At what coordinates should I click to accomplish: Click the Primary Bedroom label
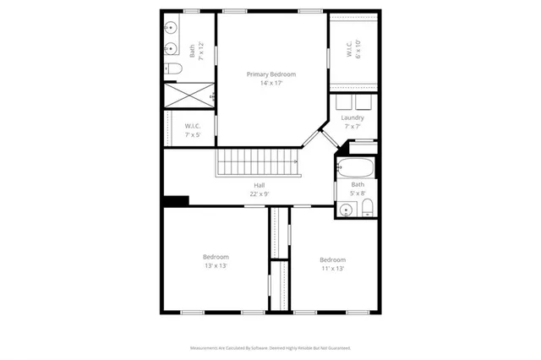[270, 74]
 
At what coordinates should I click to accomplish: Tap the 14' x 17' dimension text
[270, 84]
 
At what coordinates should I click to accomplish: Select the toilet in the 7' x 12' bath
[172, 68]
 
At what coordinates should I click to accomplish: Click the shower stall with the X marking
[189, 95]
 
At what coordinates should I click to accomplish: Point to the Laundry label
[352, 117]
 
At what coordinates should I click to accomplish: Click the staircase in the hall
[258, 161]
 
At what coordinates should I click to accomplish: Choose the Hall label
[259, 185]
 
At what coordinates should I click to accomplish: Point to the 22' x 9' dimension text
[259, 194]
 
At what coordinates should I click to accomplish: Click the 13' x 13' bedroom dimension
[216, 265]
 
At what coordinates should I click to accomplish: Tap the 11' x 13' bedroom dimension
[332, 268]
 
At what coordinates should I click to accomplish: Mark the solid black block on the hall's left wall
[176, 200]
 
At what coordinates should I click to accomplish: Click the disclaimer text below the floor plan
[270, 347]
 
